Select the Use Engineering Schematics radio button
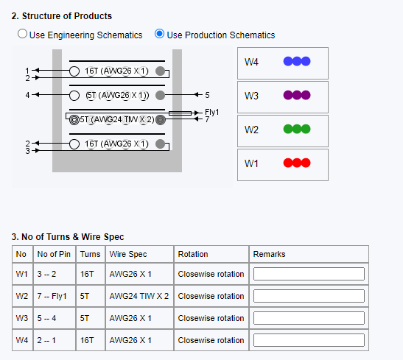coord(22,34)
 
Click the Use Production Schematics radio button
coord(159,34)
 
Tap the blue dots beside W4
coord(297,61)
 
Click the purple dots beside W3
coord(297,95)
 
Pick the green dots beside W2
coord(297,129)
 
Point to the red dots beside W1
coord(297,163)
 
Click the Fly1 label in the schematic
coord(211,112)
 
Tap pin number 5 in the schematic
coord(207,95)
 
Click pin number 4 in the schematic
coord(27,95)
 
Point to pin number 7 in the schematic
coord(207,119)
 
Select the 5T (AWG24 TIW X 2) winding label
coord(117,120)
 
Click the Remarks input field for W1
coord(309,274)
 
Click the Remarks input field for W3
coord(309,318)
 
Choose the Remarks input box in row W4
coord(309,340)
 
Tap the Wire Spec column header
coord(128,254)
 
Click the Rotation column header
coord(193,254)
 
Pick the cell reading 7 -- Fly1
coord(52,296)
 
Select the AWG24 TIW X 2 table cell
coord(139,296)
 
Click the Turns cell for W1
coord(87,274)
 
